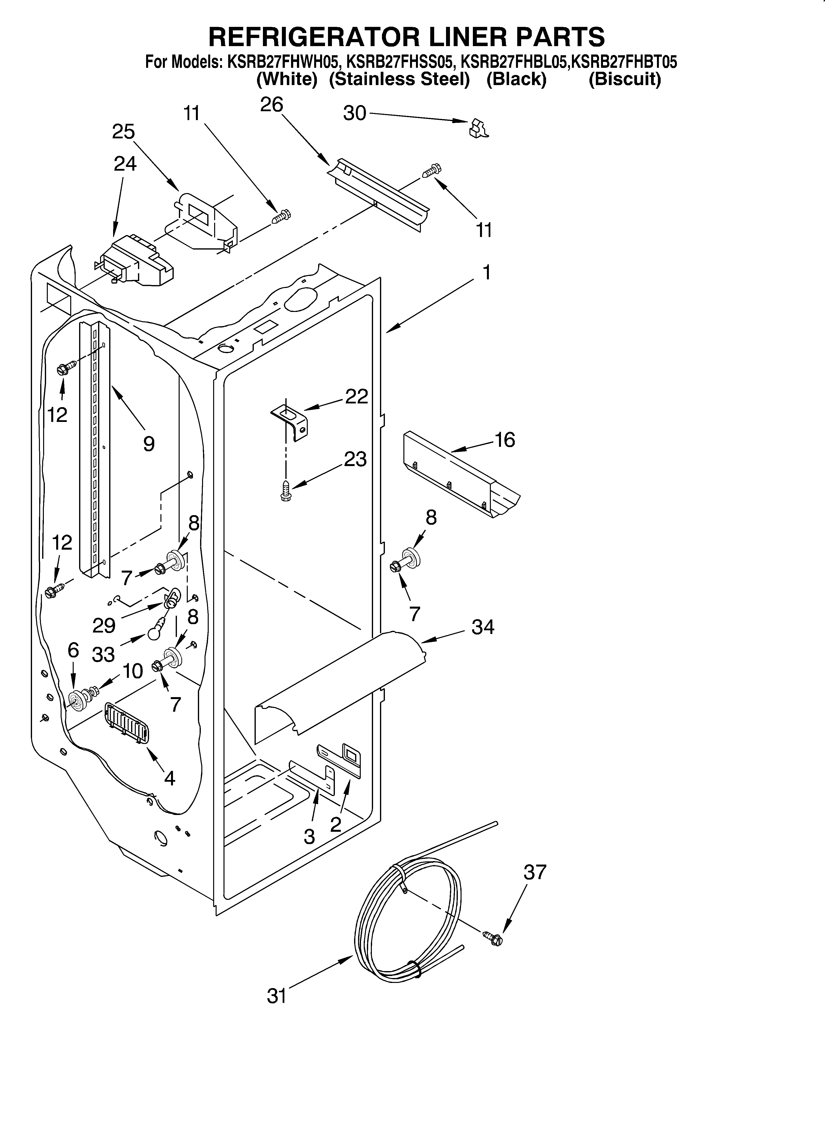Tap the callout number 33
point(103,654)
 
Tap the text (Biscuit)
point(624,79)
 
